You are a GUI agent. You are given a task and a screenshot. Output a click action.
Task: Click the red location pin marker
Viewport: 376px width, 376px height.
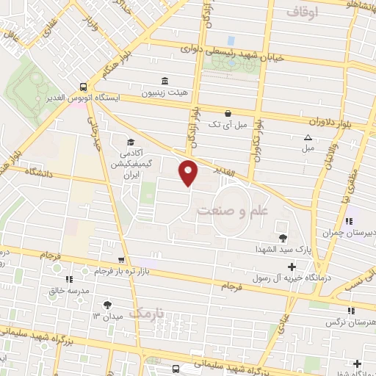coord(188,172)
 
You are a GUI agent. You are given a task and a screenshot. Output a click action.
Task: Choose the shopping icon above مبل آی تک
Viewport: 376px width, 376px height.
coord(228,113)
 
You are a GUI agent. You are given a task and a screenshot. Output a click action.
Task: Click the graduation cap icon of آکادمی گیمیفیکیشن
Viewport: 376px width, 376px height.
coord(131,142)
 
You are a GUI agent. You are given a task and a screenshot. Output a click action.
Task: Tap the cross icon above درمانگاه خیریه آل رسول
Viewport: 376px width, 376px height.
coord(292,267)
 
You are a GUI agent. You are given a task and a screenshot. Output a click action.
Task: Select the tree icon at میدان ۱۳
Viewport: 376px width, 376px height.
coord(108,305)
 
